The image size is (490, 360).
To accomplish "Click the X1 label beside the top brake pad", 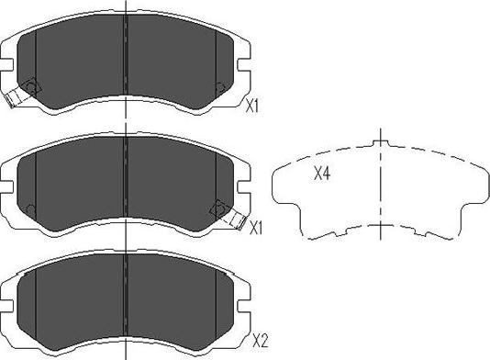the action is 251,106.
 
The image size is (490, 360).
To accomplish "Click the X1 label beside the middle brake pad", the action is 256,229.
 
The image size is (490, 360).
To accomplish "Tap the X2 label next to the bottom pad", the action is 260,341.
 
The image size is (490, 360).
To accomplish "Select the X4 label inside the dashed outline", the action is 322,174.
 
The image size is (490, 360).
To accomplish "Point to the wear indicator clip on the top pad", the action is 13,98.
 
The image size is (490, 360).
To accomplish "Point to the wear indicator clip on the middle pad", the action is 237,220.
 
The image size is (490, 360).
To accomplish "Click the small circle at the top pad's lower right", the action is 220,87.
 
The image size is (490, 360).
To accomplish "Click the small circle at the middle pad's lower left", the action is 31,209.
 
